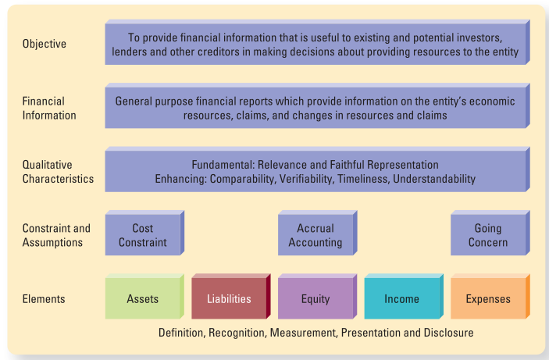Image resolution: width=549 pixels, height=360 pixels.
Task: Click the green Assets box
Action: coord(144,297)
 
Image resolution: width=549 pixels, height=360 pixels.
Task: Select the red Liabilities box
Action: coord(231,297)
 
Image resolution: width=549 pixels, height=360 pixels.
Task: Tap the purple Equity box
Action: coord(318,297)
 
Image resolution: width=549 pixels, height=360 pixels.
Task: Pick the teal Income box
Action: coord(404,297)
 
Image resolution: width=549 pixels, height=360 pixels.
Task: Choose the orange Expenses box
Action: coord(490,297)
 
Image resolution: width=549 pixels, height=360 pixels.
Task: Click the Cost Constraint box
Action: coord(144,233)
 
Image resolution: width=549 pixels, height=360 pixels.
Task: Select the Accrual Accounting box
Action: coord(318,233)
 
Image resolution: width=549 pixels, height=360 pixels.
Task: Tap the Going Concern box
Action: coord(490,233)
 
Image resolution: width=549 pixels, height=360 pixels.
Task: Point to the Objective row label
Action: coord(45,44)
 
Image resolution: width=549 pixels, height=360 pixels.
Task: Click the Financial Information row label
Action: coord(49,109)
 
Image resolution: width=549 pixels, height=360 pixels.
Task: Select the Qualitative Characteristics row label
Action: coord(58,172)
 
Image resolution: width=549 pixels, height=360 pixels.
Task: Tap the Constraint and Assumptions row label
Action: coord(56,235)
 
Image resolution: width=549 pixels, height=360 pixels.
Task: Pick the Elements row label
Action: coord(44,299)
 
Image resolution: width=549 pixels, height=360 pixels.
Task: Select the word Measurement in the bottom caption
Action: coord(303,333)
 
